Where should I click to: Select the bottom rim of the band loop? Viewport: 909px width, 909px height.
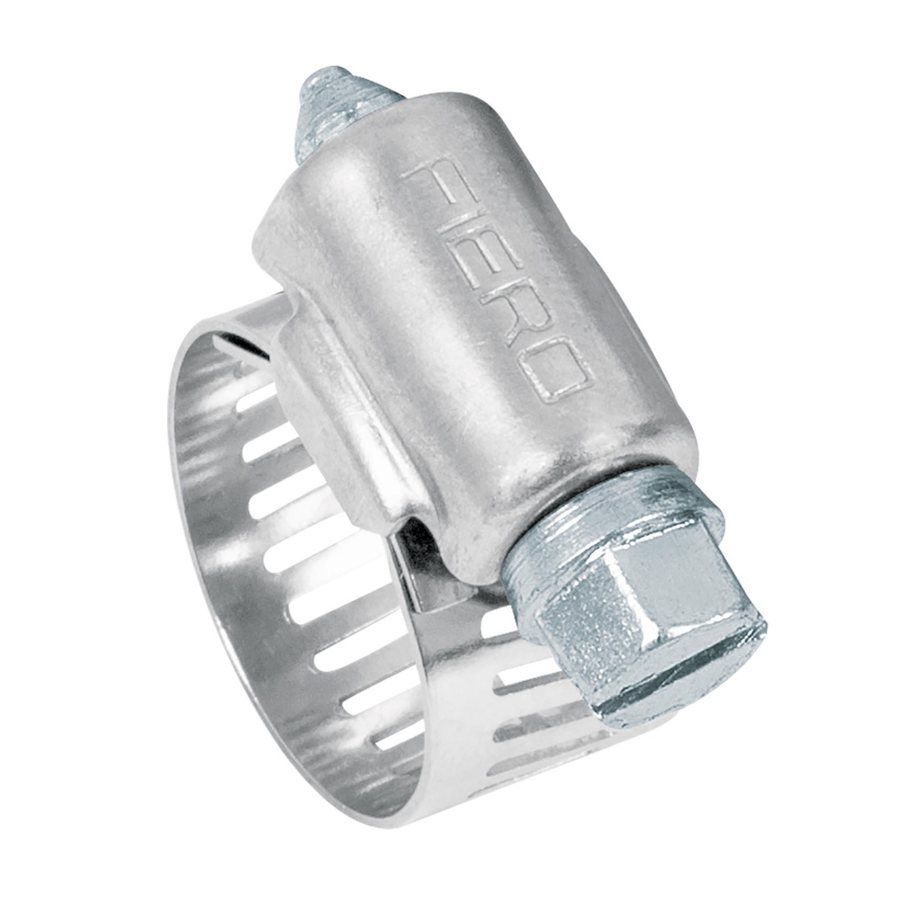point(399,799)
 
